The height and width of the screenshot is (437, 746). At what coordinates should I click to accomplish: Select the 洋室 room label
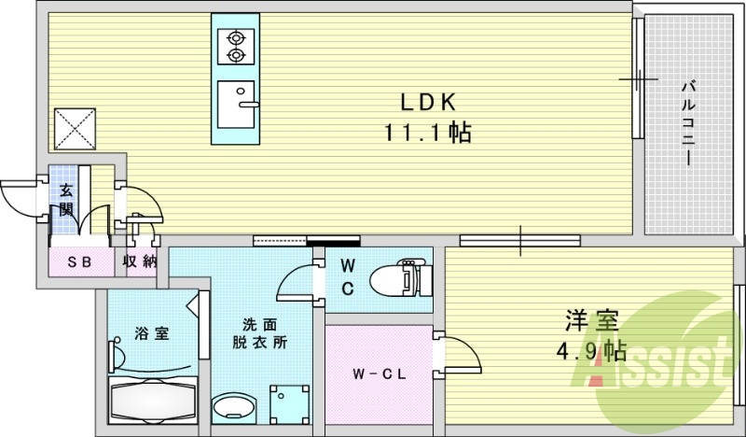click(591, 320)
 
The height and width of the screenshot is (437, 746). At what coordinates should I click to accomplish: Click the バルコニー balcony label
click(687, 122)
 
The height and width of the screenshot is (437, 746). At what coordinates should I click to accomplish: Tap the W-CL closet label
click(377, 374)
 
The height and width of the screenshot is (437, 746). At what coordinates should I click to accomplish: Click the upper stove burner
click(236, 38)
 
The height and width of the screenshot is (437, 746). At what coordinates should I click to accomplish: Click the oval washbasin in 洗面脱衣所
click(235, 408)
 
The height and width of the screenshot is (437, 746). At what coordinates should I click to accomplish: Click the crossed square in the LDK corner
click(75, 129)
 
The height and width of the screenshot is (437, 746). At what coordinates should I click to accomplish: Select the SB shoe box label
click(78, 261)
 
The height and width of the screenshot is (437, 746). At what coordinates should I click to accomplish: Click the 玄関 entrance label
click(67, 199)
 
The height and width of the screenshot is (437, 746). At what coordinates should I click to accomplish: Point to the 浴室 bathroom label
click(150, 332)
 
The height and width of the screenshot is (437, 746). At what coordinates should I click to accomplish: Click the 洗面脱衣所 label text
click(259, 332)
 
